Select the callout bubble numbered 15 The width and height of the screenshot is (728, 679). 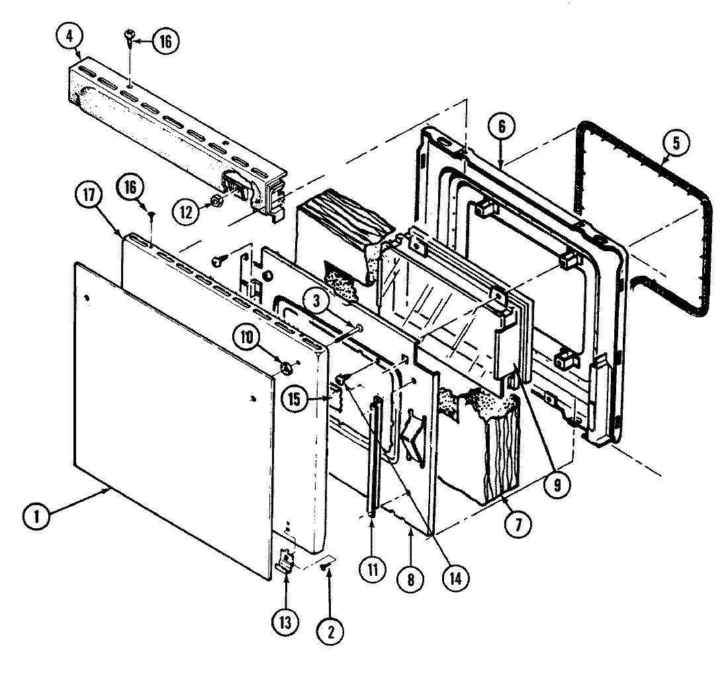(298, 399)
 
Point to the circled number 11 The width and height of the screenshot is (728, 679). (371, 568)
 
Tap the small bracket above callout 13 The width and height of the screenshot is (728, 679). (285, 561)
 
